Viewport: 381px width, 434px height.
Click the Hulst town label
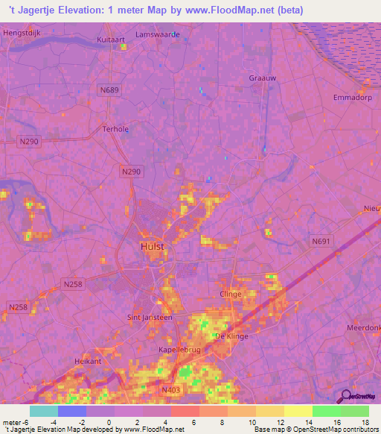coord(152,245)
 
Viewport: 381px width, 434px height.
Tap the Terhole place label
coord(115,128)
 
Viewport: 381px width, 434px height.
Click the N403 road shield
coord(170,389)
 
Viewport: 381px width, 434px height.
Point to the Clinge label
coord(231,295)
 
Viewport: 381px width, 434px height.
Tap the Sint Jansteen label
coord(150,317)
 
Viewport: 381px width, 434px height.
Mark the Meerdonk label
coord(363,328)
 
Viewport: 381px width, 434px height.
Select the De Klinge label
coord(230,337)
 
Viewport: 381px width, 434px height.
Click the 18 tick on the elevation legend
coord(365,421)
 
